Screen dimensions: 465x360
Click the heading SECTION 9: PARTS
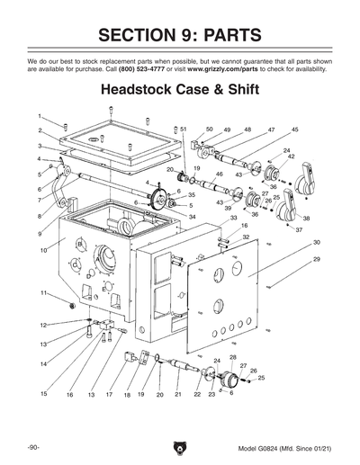click(180, 35)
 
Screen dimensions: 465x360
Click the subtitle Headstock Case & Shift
click(179, 91)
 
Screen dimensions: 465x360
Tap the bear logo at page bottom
click(180, 447)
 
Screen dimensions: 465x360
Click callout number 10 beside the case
click(42, 250)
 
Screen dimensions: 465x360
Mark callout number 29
click(316, 259)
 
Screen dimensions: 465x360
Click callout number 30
click(316, 243)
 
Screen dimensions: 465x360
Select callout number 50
click(209, 130)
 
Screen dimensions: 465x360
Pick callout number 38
click(307, 219)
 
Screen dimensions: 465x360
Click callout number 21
click(178, 395)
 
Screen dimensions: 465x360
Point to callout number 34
click(191, 217)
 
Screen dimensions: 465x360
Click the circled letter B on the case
click(79, 244)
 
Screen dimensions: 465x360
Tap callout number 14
click(42, 363)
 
